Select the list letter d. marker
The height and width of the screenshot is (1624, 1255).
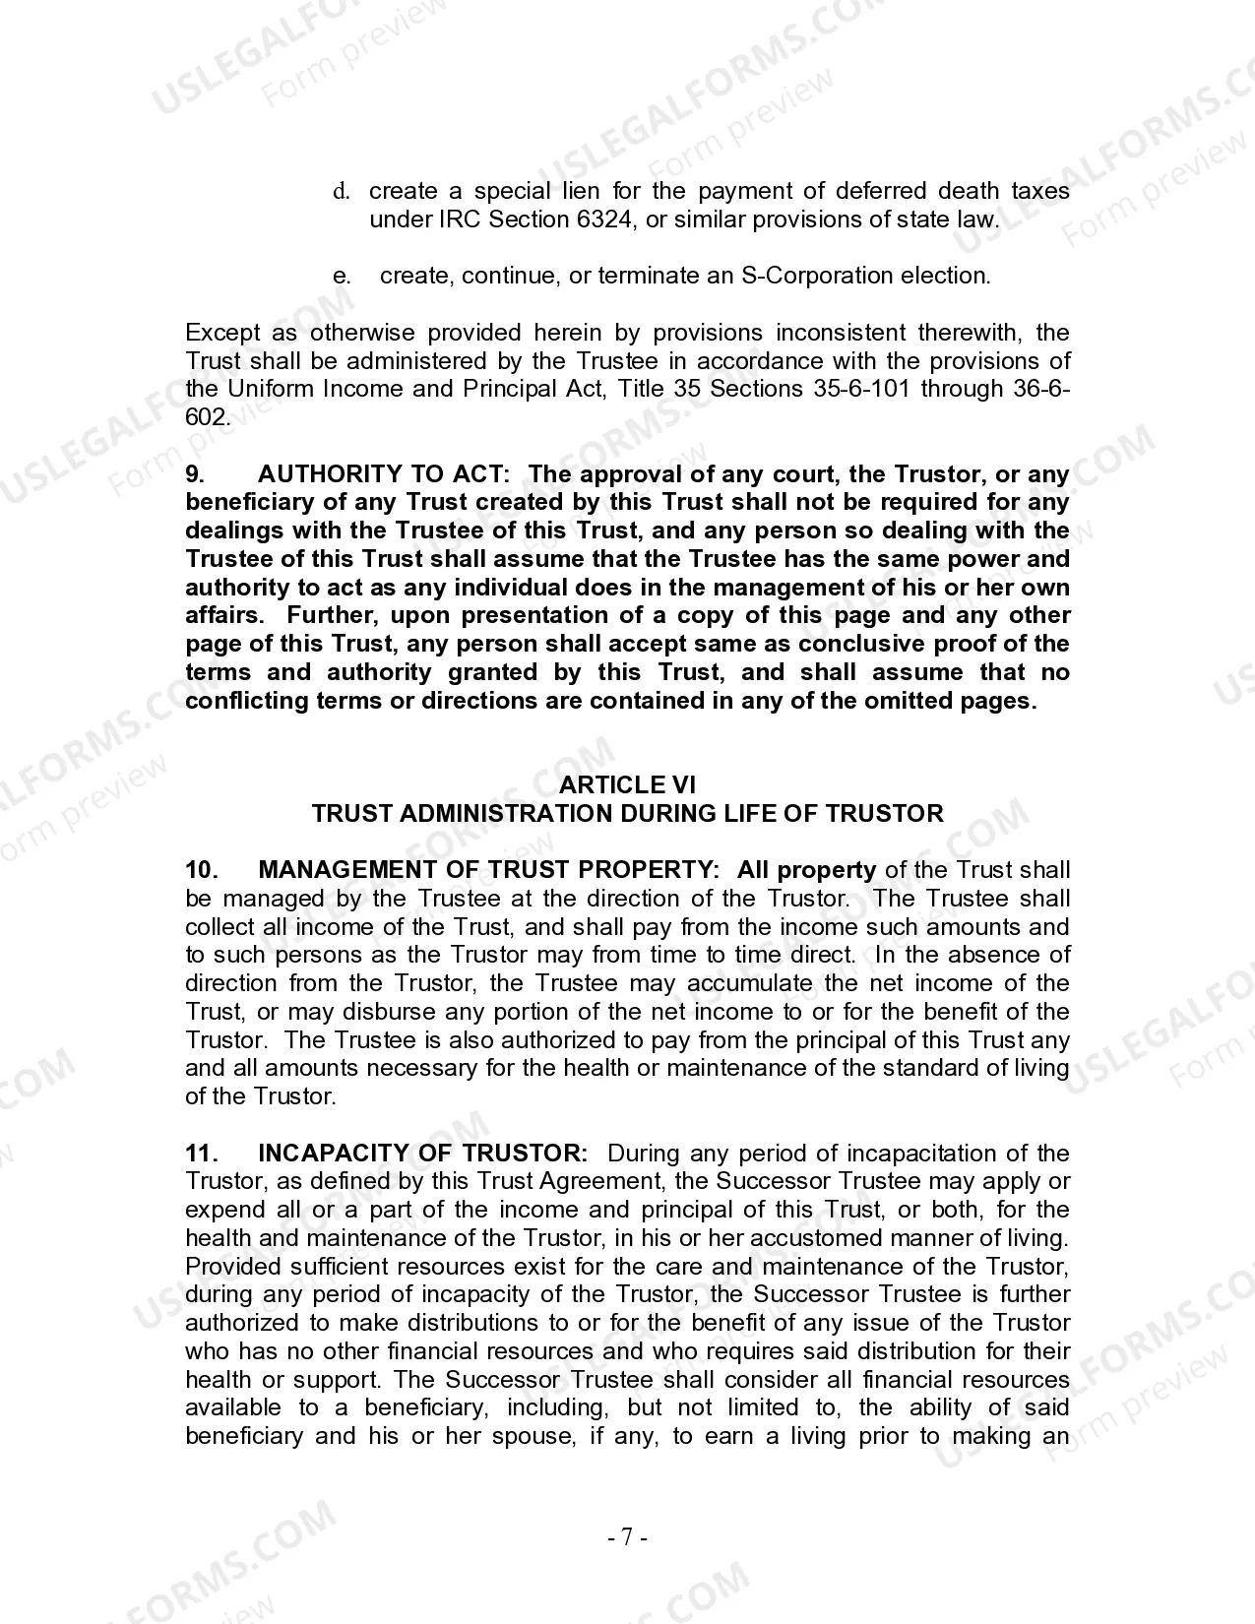pyautogui.click(x=342, y=191)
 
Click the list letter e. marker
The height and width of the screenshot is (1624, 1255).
pyautogui.click(x=342, y=276)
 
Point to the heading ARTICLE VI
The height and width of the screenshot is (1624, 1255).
pyautogui.click(x=627, y=785)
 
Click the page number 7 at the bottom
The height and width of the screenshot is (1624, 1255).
pyautogui.click(x=627, y=1536)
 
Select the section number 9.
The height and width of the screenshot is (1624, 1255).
pyautogui.click(x=195, y=474)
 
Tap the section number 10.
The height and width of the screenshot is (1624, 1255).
pyautogui.click(x=200, y=870)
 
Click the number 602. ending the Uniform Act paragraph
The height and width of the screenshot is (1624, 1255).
pyautogui.click(x=208, y=417)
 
